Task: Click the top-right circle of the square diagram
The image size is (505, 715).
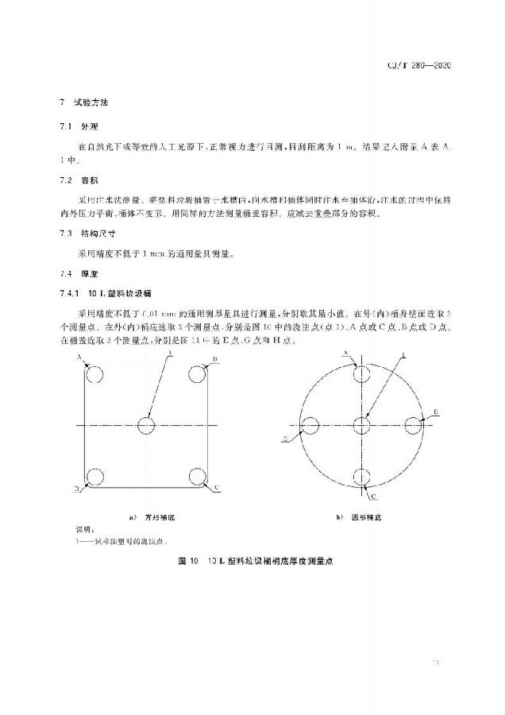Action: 197,374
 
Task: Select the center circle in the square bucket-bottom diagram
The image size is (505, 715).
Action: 145,426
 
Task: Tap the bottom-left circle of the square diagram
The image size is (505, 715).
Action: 94,477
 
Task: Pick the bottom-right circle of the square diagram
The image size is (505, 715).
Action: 197,477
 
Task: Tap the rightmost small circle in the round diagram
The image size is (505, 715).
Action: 414,426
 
